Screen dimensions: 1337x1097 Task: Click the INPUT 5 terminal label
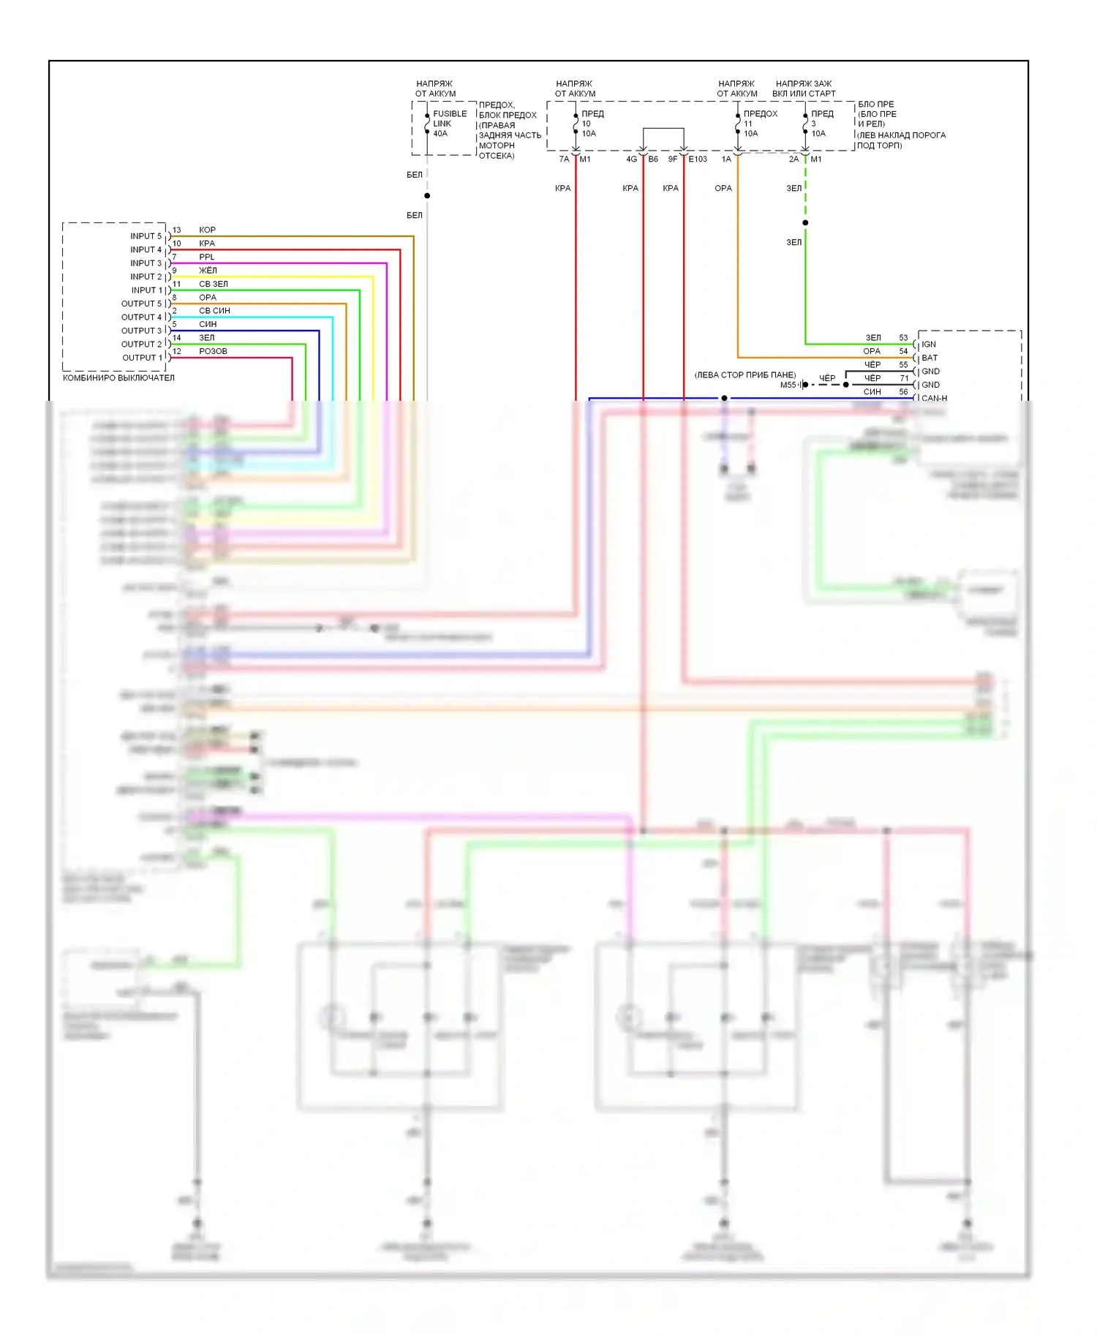pos(146,236)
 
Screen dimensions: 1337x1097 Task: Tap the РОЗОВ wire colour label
pos(213,351)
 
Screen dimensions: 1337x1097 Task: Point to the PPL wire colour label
pos(207,257)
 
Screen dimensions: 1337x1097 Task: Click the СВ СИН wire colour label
pos(214,311)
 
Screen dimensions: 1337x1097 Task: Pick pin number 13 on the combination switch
pos(176,230)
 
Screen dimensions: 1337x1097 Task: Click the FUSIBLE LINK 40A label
pos(449,124)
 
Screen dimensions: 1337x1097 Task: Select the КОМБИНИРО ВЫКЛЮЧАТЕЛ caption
pos(118,378)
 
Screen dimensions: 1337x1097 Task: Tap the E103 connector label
pos(698,159)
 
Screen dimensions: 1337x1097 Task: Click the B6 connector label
pos(653,159)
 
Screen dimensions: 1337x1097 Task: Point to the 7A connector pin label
pos(564,159)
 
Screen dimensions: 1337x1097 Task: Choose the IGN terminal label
pos(929,344)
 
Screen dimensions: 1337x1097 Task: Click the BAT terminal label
pos(930,358)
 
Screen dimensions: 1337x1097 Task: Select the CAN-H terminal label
pos(934,399)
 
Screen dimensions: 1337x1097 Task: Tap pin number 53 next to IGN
pos(903,338)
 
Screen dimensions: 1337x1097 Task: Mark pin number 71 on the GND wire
pos(904,378)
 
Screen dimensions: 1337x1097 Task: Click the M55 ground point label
pos(788,385)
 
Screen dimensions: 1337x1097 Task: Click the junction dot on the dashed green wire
pos(805,222)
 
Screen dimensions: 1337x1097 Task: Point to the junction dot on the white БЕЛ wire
pos(427,195)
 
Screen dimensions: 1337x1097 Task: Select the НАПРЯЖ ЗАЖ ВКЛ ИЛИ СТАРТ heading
pos(804,88)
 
